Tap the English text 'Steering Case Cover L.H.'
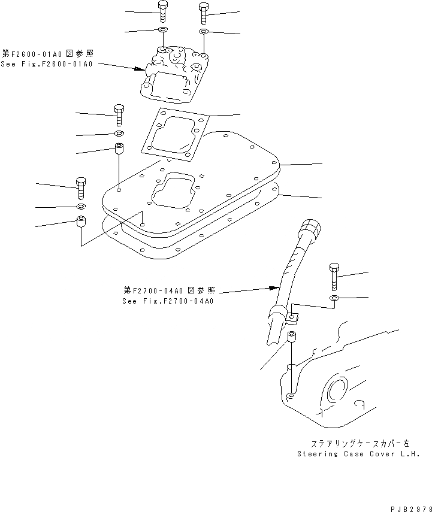point(358,454)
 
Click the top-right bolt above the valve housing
point(204,13)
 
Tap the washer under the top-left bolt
point(163,30)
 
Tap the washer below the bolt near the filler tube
point(334,298)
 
